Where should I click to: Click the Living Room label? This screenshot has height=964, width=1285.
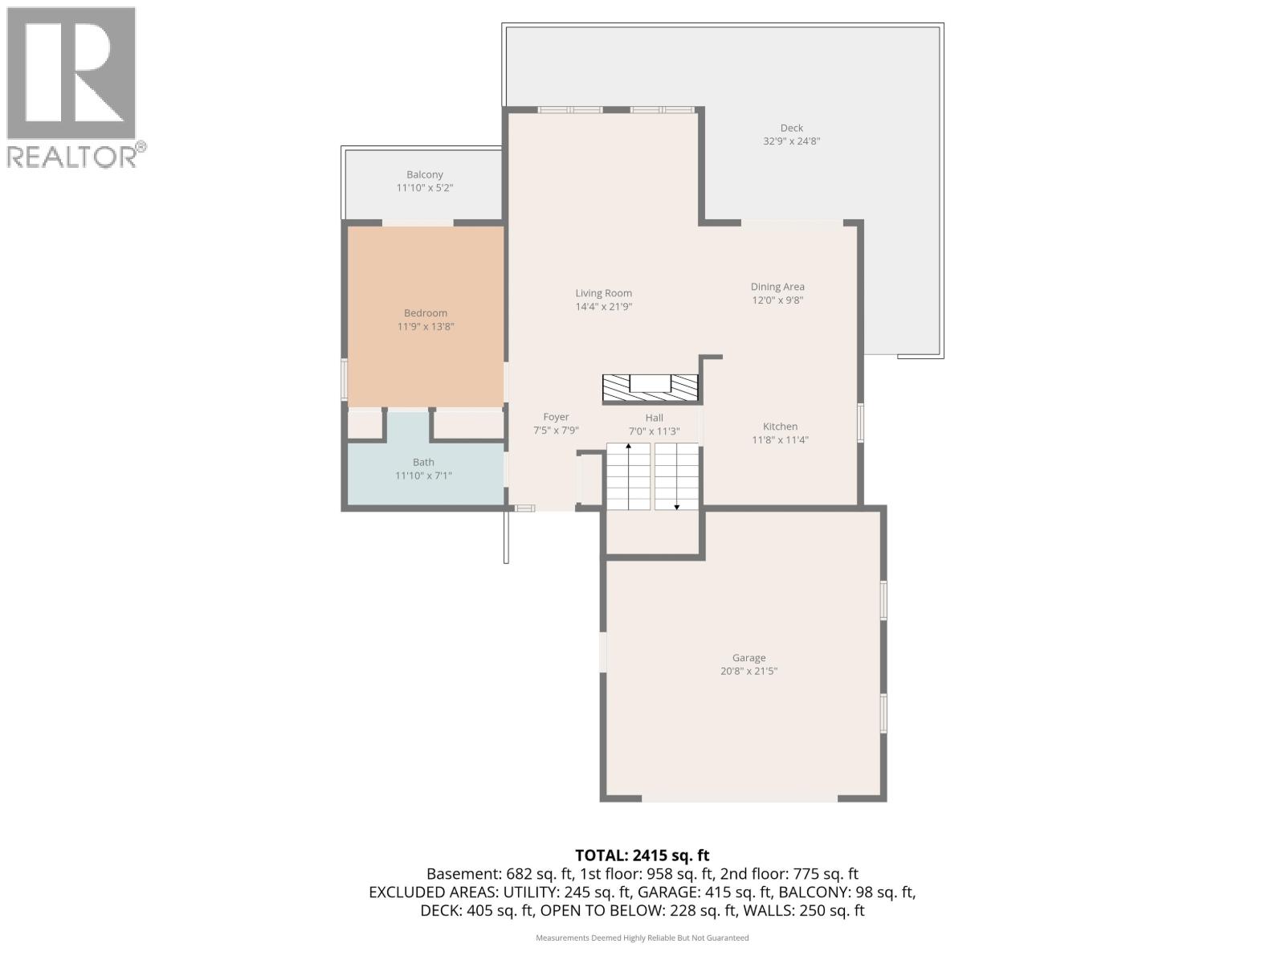(x=603, y=293)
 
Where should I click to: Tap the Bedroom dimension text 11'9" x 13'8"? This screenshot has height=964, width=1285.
(x=426, y=327)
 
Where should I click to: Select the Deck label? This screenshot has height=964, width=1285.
(x=791, y=128)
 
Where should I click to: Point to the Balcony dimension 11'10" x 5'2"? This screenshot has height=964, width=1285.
(x=425, y=188)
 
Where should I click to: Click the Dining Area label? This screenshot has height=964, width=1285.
(x=777, y=287)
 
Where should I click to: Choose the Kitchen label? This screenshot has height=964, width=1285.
(x=780, y=427)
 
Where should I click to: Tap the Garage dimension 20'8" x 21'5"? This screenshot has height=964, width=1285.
(x=749, y=671)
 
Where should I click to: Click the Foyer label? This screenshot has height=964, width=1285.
(x=556, y=417)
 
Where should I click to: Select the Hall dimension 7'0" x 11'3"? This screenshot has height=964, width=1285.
(x=654, y=431)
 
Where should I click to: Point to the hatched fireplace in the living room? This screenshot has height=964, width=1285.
(x=651, y=389)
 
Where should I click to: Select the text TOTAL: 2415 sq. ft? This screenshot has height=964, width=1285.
(x=642, y=856)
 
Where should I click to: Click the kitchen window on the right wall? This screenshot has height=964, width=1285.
(x=860, y=423)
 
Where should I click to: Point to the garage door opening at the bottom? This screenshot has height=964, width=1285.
(x=740, y=799)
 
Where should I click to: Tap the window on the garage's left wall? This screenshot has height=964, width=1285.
(x=603, y=652)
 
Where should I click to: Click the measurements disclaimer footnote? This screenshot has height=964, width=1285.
(x=642, y=937)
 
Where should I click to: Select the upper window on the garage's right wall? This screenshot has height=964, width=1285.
(x=883, y=600)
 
